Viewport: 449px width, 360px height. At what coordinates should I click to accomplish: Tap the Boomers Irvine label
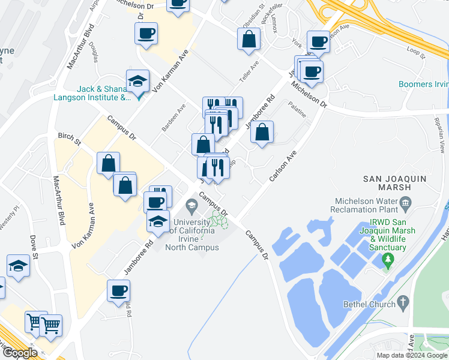tap(424, 85)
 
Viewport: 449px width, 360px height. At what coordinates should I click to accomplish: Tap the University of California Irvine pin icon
tap(191, 207)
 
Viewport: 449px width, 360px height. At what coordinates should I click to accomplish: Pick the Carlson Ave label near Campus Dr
tap(283, 166)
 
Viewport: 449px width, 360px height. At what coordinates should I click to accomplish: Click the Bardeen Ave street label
tap(173, 117)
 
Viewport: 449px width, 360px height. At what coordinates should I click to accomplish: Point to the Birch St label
tap(70, 139)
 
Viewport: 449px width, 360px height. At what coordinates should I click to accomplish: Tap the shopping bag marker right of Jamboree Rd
tap(262, 133)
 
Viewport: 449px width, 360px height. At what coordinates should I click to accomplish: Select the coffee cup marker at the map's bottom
tap(118, 291)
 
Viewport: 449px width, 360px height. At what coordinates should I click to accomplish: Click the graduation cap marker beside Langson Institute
tap(137, 81)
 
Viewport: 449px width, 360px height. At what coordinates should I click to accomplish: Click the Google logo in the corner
tap(19, 352)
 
